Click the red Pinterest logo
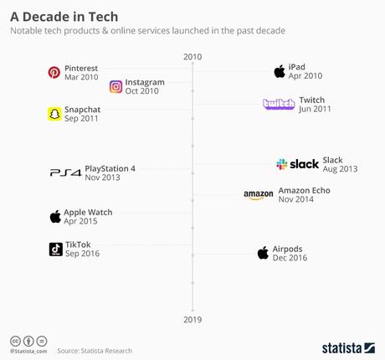54,72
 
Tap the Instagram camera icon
116,87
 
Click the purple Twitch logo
279,104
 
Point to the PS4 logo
64,173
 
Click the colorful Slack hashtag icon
282,165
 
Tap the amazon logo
259,195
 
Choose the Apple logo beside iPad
280,72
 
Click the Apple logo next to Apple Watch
55,217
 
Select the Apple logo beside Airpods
263,253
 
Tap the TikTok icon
55,249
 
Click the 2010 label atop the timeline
192,57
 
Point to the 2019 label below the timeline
192,320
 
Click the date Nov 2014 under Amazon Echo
296,200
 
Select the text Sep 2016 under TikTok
82,254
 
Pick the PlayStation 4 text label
110,168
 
